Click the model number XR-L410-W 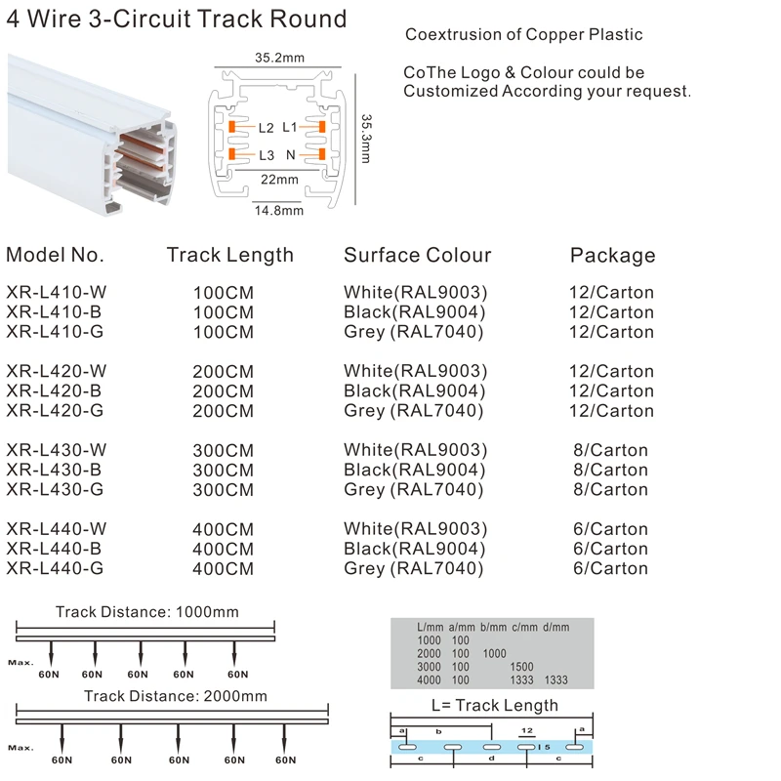pyautogui.click(x=57, y=292)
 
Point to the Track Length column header pyautogui.click(x=229, y=255)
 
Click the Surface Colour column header pyautogui.click(x=417, y=255)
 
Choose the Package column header pyautogui.click(x=612, y=256)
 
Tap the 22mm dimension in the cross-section pyautogui.click(x=279, y=180)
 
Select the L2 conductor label pyautogui.click(x=267, y=128)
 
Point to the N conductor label pyautogui.click(x=291, y=155)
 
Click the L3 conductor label pyautogui.click(x=267, y=155)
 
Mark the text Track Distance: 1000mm pyautogui.click(x=146, y=612)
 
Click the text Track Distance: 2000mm pyautogui.click(x=175, y=696)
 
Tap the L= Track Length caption pyautogui.click(x=495, y=706)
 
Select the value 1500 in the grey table pyautogui.click(x=523, y=667)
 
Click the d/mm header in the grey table pyautogui.click(x=555, y=627)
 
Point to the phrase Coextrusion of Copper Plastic pyautogui.click(x=524, y=35)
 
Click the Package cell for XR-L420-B pyautogui.click(x=611, y=390)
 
